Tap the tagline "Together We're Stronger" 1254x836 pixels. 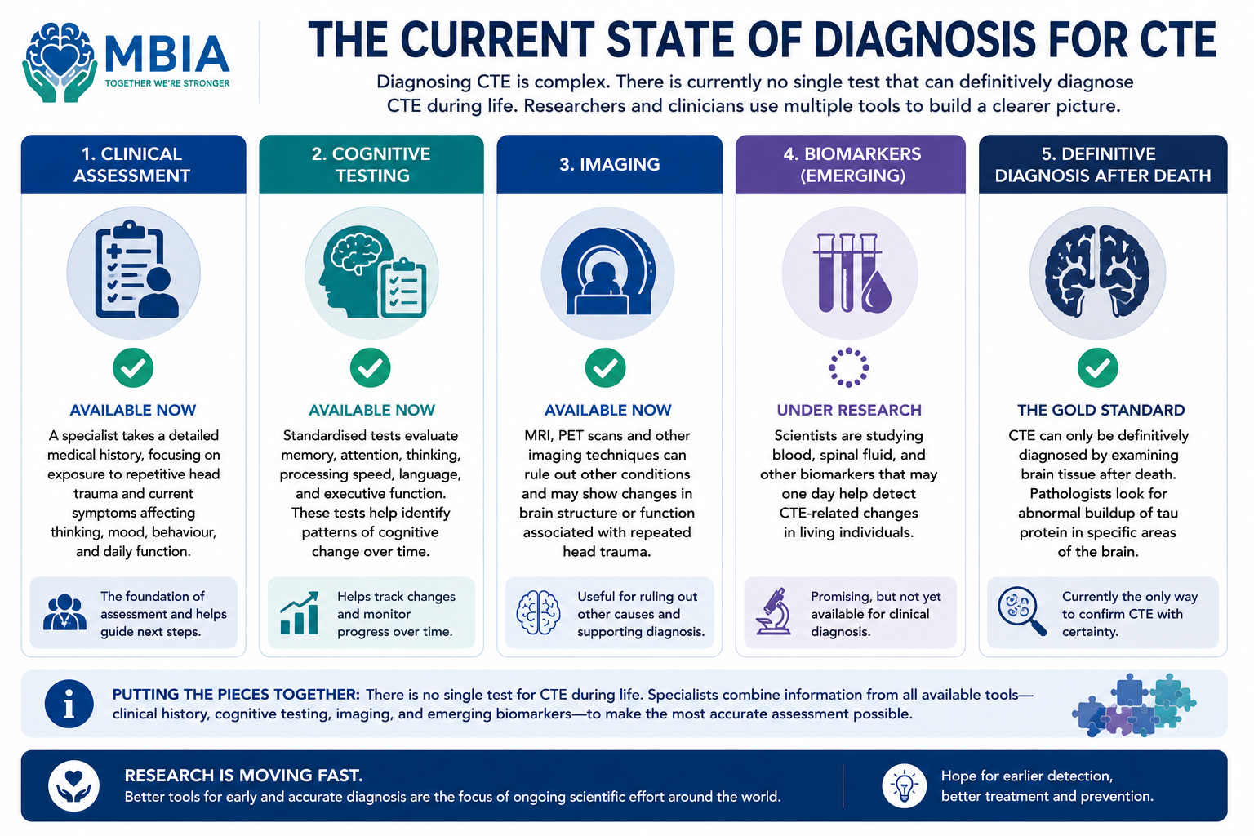coord(167,83)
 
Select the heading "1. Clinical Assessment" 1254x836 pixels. coord(132,165)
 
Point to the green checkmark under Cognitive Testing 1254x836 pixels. coord(371,368)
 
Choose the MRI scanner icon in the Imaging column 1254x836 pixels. coord(608,271)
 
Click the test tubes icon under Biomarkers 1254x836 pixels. coord(851,273)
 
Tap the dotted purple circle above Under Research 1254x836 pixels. coord(849,368)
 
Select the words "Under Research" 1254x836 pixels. coord(849,411)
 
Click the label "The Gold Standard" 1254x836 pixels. coord(1101,411)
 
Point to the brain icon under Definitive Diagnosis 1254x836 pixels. coord(1097,272)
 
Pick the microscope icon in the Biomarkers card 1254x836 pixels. coord(773,611)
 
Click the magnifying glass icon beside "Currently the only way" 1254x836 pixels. coord(1021,611)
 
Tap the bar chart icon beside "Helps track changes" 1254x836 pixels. coord(300,613)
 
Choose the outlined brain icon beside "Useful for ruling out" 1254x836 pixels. coord(538,612)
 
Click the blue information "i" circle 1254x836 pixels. coord(69,704)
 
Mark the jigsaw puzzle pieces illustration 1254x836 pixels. coord(1134,705)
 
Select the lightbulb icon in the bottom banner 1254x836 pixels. coord(904,785)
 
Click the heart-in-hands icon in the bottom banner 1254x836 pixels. coord(74,785)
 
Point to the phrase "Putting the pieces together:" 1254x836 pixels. coord(236,694)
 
